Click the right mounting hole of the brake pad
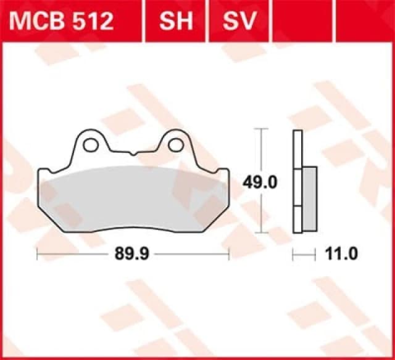(x=176, y=145)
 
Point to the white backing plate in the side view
(x=297, y=148)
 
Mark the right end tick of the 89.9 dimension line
(x=229, y=253)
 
